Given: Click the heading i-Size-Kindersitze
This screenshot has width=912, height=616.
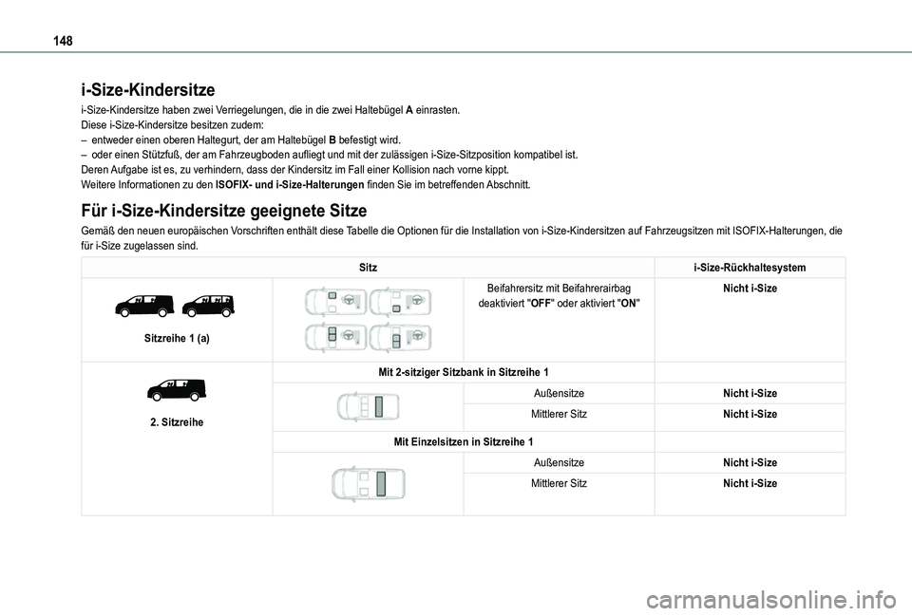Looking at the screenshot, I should coord(148,90).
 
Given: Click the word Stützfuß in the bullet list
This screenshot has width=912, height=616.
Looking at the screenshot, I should coord(172,154).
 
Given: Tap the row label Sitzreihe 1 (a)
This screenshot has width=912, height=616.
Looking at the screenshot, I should coord(177,338).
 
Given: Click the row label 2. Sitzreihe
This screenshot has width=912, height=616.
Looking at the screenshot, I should coord(177,420).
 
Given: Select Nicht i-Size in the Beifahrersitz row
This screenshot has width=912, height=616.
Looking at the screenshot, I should coord(750,288).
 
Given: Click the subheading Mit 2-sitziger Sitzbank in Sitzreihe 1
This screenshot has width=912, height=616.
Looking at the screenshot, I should coord(464,371).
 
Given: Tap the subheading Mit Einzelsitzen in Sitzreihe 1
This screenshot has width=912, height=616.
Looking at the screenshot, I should coord(464,441).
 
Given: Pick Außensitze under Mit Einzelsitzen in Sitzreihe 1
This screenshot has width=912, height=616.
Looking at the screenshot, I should coord(559,462).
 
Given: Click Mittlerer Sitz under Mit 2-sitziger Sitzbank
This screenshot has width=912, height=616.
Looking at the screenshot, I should coord(559,414).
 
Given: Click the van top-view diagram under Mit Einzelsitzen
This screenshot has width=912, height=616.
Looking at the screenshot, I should coord(368,483).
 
